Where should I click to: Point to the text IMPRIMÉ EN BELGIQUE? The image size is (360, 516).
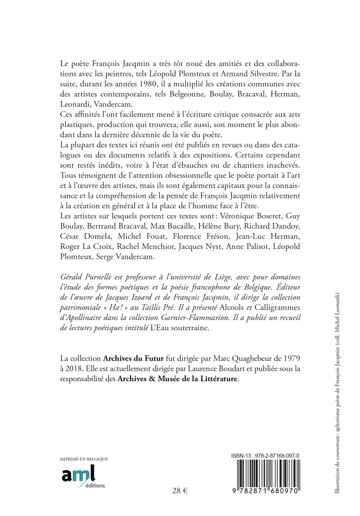(x=84, y=459)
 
